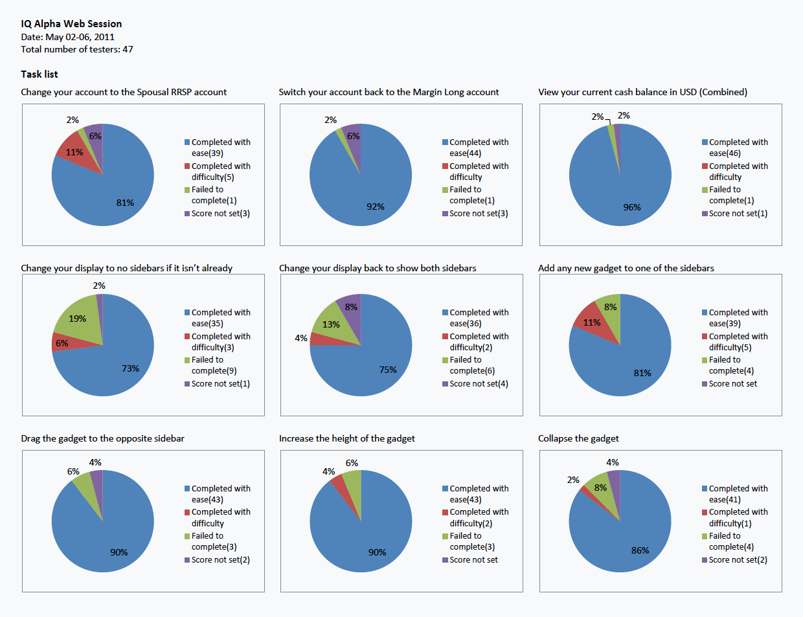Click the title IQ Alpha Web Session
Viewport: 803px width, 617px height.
(x=71, y=24)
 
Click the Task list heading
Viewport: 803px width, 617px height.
(x=40, y=74)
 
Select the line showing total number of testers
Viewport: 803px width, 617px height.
(x=77, y=49)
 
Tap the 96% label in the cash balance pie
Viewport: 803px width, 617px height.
(x=632, y=207)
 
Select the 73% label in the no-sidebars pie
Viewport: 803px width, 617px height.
(x=130, y=368)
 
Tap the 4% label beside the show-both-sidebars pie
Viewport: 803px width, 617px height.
(x=301, y=338)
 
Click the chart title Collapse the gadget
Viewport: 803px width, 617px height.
(x=578, y=438)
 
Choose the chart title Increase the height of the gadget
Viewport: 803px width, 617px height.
(x=346, y=438)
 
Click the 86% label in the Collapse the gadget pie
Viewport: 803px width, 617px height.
(x=640, y=550)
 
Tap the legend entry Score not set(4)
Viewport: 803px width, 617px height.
(x=479, y=384)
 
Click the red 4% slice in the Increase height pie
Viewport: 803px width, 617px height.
(x=337, y=482)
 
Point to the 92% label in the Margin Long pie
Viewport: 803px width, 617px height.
(x=376, y=207)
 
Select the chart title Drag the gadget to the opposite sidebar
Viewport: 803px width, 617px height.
(x=102, y=438)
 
